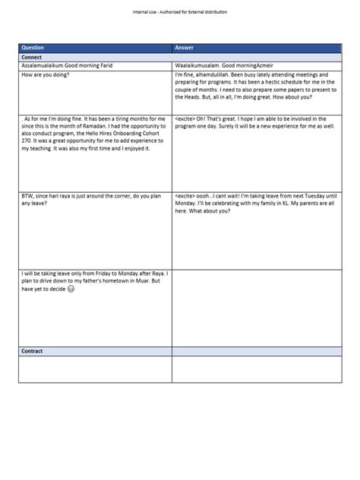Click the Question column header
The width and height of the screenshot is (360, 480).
click(x=34, y=47)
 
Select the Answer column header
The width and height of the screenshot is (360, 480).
click(x=185, y=47)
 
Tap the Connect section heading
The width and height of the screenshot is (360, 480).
click(x=32, y=57)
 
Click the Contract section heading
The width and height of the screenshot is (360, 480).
click(x=33, y=352)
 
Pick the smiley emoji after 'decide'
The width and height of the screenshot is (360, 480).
click(x=71, y=289)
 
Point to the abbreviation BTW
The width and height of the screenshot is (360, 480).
click(x=28, y=195)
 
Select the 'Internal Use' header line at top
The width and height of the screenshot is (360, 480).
click(x=179, y=13)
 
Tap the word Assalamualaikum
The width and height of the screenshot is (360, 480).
click(x=43, y=67)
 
